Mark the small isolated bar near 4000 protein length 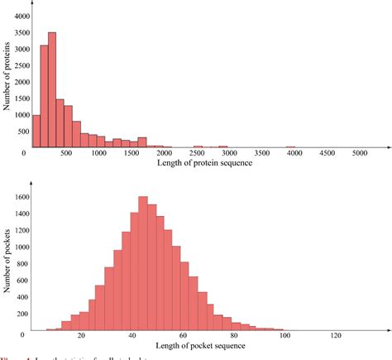click(x=291, y=146)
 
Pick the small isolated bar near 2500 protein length click(x=198, y=146)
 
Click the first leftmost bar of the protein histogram click(x=36, y=131)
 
